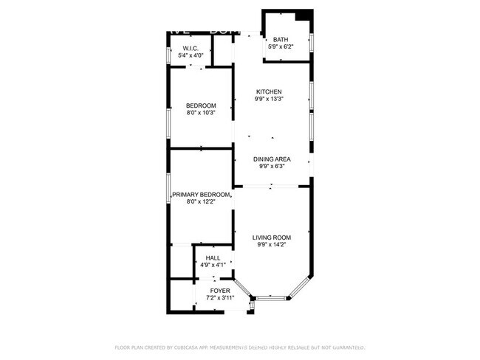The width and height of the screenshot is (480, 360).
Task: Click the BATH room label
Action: coord(281,40)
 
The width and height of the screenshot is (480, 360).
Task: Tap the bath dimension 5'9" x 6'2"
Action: coord(281,47)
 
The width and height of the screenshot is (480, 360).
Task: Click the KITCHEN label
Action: coord(269,91)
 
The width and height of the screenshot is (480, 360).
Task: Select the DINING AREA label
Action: coord(272,159)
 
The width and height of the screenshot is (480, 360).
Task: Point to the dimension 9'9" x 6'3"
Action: coord(272,166)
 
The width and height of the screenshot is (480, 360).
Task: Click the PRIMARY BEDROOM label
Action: coord(196,195)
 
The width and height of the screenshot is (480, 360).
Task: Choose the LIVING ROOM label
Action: coord(272,238)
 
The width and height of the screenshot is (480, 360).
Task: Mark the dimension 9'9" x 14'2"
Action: coord(272,245)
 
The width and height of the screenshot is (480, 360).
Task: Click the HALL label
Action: coord(213,257)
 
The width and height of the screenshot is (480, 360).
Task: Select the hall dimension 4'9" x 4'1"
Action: coord(213,265)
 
